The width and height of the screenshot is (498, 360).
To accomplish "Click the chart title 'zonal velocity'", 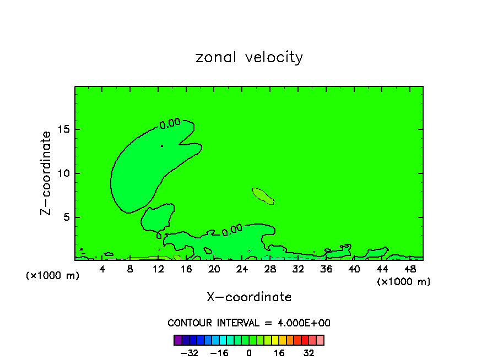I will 249,57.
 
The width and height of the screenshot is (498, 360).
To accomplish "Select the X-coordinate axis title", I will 249,297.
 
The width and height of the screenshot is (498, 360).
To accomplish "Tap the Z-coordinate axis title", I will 46,173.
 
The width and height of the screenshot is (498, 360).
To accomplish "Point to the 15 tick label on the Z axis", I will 62,129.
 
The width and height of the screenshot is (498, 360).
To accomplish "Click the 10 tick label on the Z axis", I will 62,173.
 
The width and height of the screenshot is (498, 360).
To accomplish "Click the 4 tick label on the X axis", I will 102,269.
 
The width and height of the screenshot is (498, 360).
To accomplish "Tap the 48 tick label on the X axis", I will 409,269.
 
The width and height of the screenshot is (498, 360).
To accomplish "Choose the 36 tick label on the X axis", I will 326,269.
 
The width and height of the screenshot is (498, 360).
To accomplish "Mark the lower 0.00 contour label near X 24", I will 232,229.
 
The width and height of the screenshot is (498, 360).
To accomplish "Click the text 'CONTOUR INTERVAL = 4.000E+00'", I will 249,323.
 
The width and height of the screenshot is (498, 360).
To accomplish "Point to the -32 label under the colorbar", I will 190,353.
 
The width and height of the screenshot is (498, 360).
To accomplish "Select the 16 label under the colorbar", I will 279,353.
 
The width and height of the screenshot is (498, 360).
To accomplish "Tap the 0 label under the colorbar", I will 249,353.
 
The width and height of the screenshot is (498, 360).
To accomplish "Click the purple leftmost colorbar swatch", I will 178,340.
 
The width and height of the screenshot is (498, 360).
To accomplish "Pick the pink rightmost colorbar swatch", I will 320,340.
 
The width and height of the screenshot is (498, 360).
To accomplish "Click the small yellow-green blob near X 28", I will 263,195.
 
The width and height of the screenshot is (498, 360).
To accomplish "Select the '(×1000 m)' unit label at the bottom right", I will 404,282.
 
